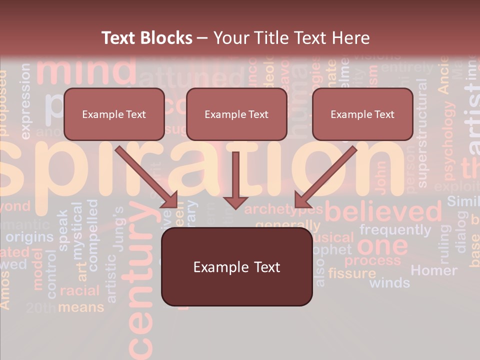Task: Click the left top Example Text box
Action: (114, 114)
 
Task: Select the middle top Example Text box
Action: (236, 114)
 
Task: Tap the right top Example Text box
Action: (362, 114)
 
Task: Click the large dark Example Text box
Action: (236, 267)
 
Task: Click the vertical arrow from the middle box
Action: (235, 180)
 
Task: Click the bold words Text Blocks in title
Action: (146, 38)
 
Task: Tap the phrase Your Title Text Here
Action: (291, 38)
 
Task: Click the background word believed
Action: (384, 212)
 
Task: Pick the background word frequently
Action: (395, 230)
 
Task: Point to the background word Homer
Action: (433, 270)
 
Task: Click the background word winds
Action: (389, 283)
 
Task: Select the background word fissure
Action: (352, 273)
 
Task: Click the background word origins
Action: (29, 236)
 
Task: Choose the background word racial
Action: (80, 290)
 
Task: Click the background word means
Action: (81, 306)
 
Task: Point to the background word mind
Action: (86, 70)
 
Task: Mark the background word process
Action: (372, 260)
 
